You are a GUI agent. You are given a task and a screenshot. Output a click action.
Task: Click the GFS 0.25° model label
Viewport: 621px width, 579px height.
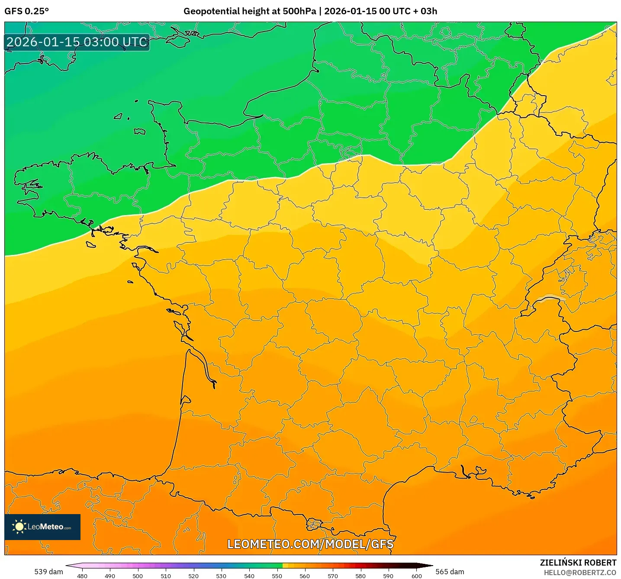26,11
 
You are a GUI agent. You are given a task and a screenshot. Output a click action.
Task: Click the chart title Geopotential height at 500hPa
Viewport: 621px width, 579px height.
249,11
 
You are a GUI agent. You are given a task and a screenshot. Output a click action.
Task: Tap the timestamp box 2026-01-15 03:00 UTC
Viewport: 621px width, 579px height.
77,42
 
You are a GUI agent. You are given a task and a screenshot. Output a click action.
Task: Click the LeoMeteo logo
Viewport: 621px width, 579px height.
42,527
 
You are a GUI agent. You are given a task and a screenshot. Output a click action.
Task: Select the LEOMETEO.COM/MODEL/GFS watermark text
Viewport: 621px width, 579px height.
310,544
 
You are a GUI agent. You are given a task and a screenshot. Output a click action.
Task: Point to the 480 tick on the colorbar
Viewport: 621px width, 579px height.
82,576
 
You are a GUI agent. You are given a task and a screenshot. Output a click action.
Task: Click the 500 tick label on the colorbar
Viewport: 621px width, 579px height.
138,576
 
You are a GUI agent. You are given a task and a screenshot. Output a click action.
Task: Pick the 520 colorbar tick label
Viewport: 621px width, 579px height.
193,576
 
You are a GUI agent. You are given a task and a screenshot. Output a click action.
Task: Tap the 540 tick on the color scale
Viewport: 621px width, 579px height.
249,576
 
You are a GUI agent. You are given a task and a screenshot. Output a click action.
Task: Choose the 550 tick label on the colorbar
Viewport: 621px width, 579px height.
277,576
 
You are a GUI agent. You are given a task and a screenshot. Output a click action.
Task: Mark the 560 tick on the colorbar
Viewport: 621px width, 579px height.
305,576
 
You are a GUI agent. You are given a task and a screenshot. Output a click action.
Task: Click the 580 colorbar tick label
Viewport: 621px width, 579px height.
360,576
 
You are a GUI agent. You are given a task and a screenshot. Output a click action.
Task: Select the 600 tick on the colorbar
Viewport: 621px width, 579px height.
416,576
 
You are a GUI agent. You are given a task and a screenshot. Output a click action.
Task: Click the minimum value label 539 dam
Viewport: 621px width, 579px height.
48,572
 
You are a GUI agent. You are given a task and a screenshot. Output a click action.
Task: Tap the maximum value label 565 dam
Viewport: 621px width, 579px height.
450,572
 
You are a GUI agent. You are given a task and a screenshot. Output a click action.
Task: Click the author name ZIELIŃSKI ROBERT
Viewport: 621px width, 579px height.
578,563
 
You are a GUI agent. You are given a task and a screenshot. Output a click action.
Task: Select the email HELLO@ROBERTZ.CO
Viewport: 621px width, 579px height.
580,573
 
